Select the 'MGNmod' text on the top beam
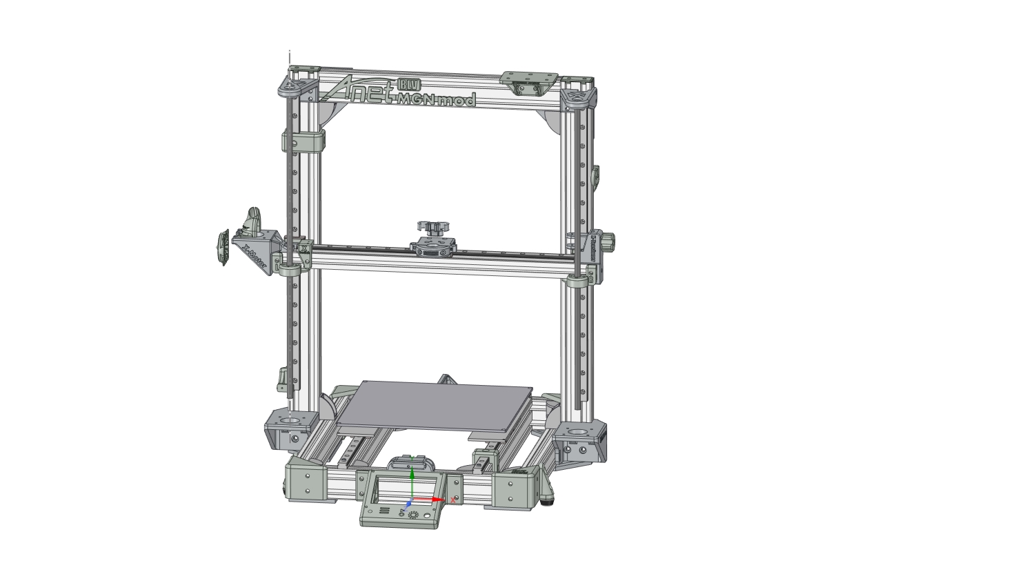[437, 99]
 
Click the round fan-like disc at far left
[223, 246]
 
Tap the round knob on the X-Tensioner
[610, 241]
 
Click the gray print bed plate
[435, 411]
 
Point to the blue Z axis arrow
[408, 505]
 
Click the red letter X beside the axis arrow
[453, 500]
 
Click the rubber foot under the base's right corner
[550, 497]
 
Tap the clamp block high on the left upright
[303, 141]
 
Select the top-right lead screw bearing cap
[578, 97]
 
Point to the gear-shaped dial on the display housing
[413, 515]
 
